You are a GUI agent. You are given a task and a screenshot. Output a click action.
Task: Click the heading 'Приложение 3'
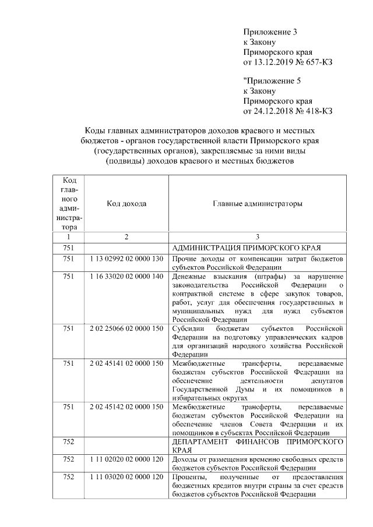coord(270,32)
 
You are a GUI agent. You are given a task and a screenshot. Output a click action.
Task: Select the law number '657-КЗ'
coord(317,62)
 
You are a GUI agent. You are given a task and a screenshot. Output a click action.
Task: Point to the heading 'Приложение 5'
coord(270,81)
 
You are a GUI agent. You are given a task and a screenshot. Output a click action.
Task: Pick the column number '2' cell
coord(126,237)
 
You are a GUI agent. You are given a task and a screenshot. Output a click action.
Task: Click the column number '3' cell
coord(257,237)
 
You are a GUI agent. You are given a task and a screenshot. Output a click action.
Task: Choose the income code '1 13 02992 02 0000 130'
coord(126,258)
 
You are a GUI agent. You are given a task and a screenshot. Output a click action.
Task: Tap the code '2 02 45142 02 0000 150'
coord(126,406)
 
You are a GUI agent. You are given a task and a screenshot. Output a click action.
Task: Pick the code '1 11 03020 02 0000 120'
coord(126,477)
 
